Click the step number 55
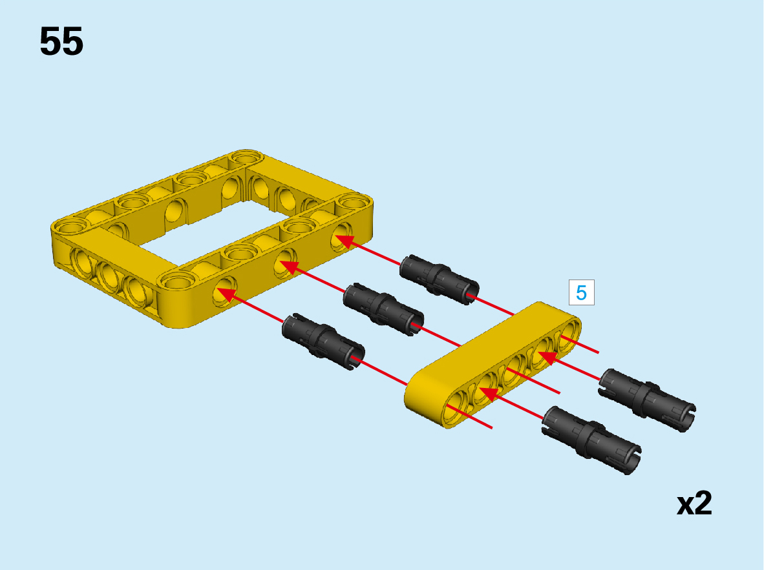61,42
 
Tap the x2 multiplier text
694,503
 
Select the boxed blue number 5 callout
581,292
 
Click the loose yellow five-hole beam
493,365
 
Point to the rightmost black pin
646,400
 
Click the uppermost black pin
439,279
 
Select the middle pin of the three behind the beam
383,309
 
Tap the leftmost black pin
323,341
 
